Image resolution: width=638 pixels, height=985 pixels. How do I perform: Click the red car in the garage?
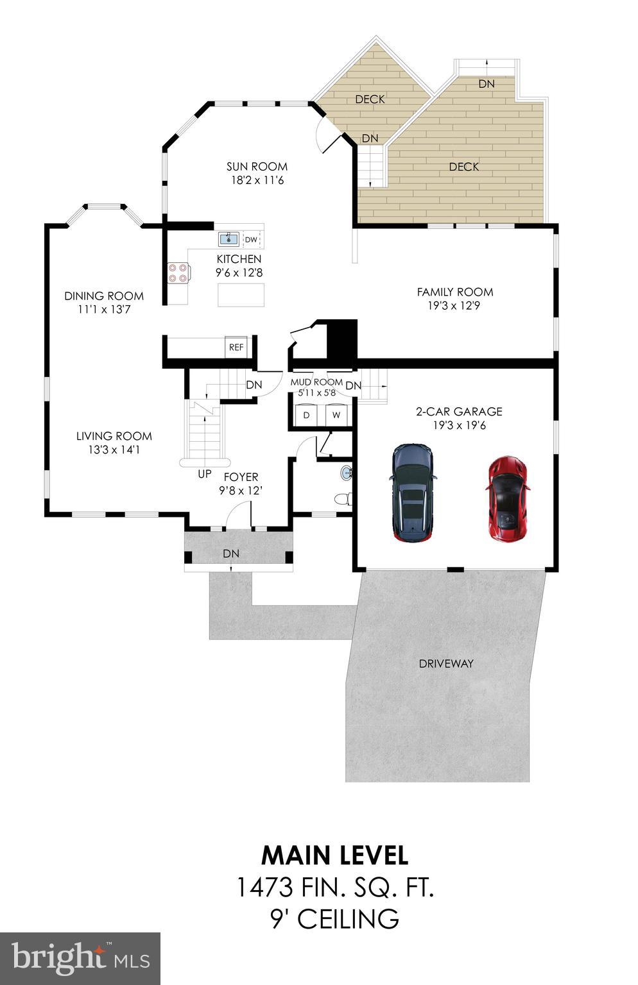508,498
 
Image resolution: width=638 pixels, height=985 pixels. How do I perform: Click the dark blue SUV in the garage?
413,493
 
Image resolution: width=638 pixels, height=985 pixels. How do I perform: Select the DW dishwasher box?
251,240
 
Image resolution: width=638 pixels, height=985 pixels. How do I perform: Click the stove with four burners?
178,273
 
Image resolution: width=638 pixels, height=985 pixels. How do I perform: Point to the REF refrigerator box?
236,347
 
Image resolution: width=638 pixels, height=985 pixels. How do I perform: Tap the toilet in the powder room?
343,498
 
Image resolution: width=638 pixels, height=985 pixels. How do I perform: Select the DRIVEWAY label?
446,664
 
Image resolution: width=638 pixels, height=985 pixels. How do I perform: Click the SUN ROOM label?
257,167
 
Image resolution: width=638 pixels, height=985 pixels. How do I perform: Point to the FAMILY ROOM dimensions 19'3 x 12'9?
454,306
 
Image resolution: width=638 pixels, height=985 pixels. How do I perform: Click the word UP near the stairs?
204,475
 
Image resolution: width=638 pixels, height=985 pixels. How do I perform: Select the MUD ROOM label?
316,382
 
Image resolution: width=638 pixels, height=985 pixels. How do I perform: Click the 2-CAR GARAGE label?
459,412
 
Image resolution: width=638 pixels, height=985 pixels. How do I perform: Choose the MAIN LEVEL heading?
334,855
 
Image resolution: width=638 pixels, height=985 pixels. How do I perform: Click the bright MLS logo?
80,958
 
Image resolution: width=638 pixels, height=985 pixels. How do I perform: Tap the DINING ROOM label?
104,296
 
